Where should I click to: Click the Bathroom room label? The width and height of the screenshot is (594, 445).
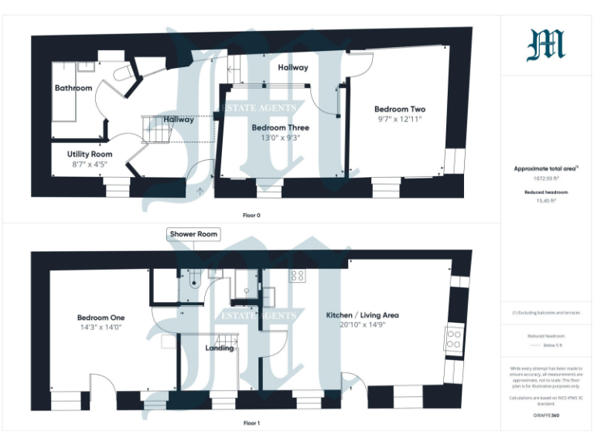pyautogui.click(x=73, y=88)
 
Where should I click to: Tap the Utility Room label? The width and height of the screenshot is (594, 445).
pyautogui.click(x=90, y=155)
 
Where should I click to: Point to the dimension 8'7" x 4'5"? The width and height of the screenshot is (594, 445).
pyautogui.click(x=90, y=164)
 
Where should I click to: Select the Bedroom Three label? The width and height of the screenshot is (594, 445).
pyautogui.click(x=280, y=127)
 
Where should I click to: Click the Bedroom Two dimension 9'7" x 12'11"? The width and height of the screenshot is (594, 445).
pyautogui.click(x=399, y=120)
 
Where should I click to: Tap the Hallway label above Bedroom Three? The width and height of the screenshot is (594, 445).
pyautogui.click(x=293, y=67)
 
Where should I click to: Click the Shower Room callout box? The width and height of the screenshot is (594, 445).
pyautogui.click(x=193, y=233)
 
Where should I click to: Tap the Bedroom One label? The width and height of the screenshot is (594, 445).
pyautogui.click(x=101, y=318)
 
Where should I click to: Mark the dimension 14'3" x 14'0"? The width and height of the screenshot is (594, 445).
pyautogui.click(x=101, y=327)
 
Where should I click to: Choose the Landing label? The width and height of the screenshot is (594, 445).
pyautogui.click(x=220, y=348)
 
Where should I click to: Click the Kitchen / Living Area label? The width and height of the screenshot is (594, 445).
pyautogui.click(x=362, y=315)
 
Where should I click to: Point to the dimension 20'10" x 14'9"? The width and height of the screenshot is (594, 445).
pyautogui.click(x=362, y=325)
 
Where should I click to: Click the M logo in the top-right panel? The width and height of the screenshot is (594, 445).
pyautogui.click(x=546, y=45)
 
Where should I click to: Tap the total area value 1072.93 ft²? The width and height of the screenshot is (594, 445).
pyautogui.click(x=545, y=178)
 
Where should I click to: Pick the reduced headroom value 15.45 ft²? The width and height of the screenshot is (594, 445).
pyautogui.click(x=545, y=200)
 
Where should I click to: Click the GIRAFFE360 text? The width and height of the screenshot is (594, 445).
pyautogui.click(x=545, y=416)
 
